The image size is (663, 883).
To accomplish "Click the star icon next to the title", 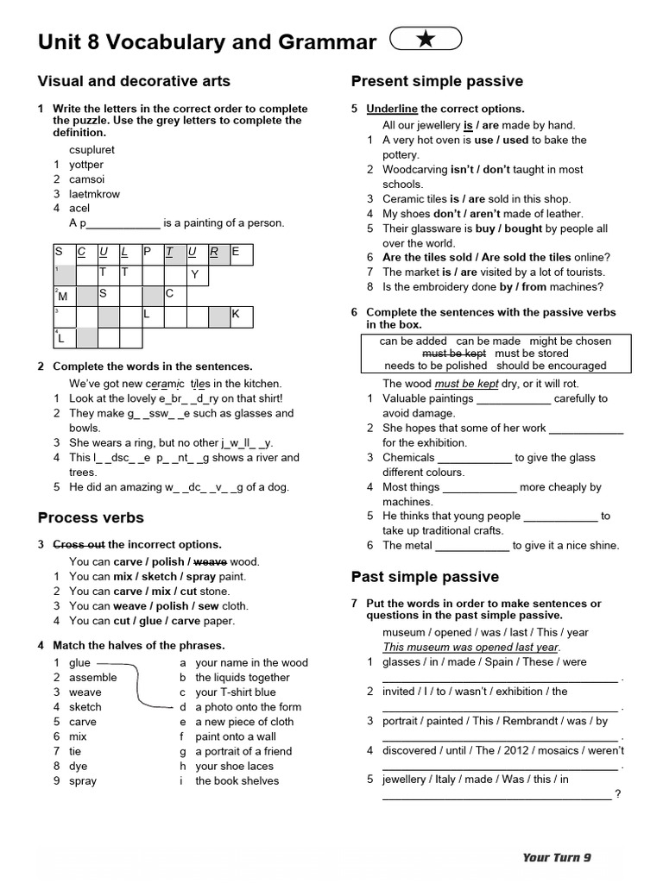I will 426,40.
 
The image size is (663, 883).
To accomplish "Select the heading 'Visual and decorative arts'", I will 134,81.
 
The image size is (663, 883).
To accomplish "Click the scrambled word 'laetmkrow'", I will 95,193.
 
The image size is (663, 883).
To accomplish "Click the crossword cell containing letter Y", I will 196,274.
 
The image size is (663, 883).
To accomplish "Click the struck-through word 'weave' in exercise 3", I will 211,561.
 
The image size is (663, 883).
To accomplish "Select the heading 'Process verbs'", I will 91,517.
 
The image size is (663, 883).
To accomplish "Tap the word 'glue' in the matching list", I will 79,662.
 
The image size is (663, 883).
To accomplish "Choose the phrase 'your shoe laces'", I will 235,766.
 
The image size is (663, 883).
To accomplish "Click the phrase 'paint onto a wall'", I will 236,736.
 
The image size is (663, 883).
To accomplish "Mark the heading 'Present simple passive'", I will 437,81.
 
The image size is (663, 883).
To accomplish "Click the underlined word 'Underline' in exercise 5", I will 392,109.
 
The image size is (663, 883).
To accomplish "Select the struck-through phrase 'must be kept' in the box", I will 454,353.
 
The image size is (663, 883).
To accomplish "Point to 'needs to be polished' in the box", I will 436,365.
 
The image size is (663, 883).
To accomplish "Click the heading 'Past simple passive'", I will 425,576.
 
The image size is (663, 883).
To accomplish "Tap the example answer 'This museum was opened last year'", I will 470,647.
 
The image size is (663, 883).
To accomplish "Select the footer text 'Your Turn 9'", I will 557,857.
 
